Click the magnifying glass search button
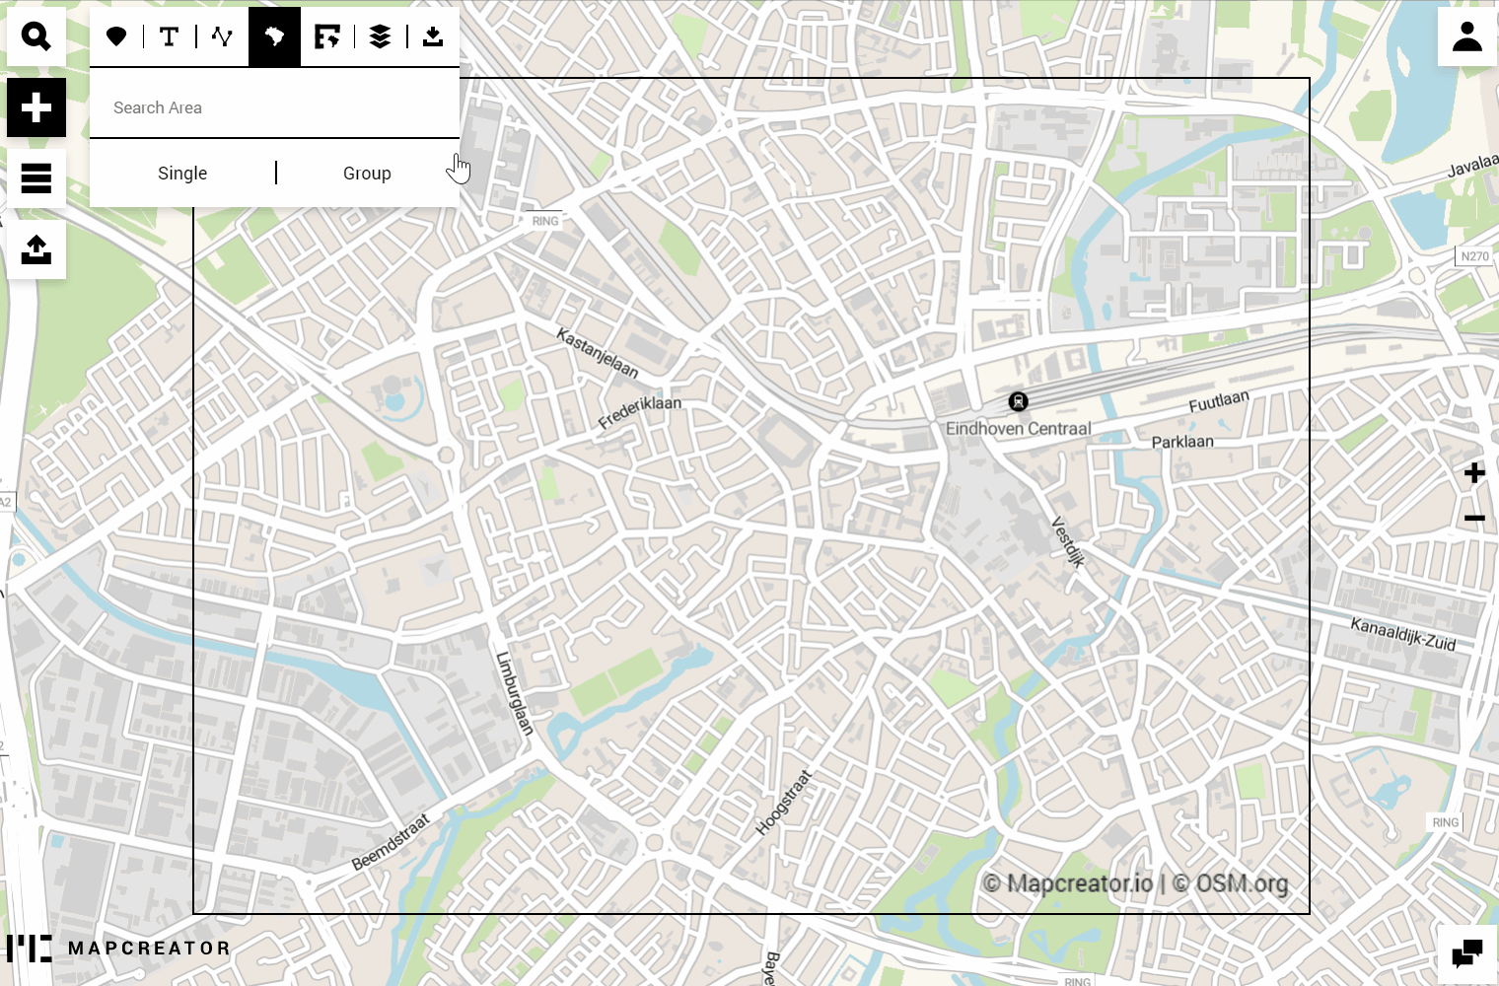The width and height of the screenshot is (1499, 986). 36,36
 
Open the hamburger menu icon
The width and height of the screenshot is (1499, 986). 36,178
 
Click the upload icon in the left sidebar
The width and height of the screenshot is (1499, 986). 36,249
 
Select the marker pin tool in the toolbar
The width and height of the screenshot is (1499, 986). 116,36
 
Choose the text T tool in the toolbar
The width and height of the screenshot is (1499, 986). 170,36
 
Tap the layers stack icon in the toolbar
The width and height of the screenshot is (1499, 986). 380,36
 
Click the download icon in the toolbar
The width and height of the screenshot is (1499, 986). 433,36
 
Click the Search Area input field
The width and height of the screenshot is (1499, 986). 274,107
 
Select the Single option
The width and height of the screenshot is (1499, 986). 182,174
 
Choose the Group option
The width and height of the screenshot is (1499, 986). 367,174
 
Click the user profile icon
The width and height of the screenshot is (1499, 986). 1466,36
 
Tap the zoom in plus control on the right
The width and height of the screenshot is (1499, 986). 1474,473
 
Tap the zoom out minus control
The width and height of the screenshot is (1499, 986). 1474,519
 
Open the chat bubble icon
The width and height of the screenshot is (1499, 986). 1466,954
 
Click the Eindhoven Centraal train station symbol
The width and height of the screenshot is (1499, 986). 1018,401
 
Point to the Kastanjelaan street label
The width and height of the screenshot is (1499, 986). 598,353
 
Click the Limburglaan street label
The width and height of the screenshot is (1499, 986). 514,693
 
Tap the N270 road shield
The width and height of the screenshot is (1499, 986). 1474,256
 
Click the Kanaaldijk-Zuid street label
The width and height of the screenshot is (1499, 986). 1402,634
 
